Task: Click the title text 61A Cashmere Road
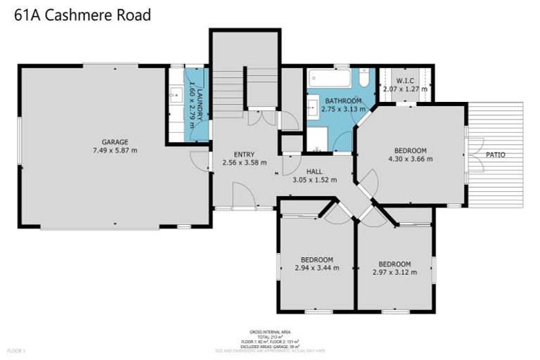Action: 83,15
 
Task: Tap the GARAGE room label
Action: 115,142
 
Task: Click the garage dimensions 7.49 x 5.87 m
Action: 115,150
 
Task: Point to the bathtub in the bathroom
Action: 330,77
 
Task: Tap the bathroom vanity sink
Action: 311,108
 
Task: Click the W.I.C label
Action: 404,80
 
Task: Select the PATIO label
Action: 495,155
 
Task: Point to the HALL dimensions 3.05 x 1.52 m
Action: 314,179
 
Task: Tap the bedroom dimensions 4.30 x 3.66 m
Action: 409,159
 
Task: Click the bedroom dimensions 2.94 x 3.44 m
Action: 316,268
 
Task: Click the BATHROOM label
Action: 342,101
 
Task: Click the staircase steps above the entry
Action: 228,92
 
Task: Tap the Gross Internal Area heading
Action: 270,331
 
